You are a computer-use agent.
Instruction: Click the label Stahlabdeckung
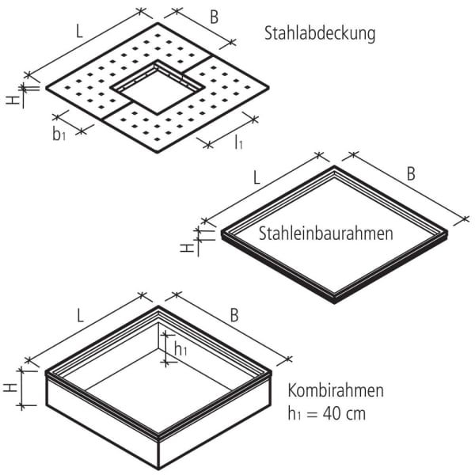[x=319, y=34]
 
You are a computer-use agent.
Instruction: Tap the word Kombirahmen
[x=336, y=390]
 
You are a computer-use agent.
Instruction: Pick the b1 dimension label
[x=59, y=134]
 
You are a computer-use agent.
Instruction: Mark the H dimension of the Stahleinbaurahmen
[x=186, y=247]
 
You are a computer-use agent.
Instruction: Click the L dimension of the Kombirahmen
[x=80, y=315]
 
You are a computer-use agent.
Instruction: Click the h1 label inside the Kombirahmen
[x=180, y=349]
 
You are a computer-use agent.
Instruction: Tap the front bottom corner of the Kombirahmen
[x=161, y=465]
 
